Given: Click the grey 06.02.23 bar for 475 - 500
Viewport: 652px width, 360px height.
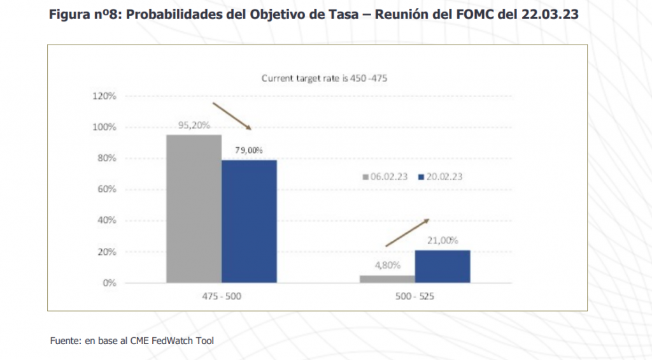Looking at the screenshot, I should tap(194, 208).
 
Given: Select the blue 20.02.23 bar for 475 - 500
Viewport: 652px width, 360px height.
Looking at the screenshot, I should tap(249, 221).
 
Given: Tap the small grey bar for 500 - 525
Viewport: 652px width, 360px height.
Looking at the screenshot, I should tap(387, 278).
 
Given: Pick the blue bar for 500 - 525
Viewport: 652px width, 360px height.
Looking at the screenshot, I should tap(442, 266).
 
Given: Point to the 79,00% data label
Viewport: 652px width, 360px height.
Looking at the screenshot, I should tap(249, 150).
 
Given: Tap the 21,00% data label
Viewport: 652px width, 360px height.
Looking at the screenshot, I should tap(443, 240).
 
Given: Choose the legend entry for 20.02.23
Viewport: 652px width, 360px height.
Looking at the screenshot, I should tap(440, 176).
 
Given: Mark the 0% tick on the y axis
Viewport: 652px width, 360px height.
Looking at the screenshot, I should tap(110, 283).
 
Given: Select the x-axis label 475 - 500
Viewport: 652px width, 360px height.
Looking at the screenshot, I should tap(221, 297).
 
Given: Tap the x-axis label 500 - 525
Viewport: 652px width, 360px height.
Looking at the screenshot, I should tap(415, 297).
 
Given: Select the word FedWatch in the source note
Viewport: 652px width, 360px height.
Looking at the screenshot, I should tap(172, 341).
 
